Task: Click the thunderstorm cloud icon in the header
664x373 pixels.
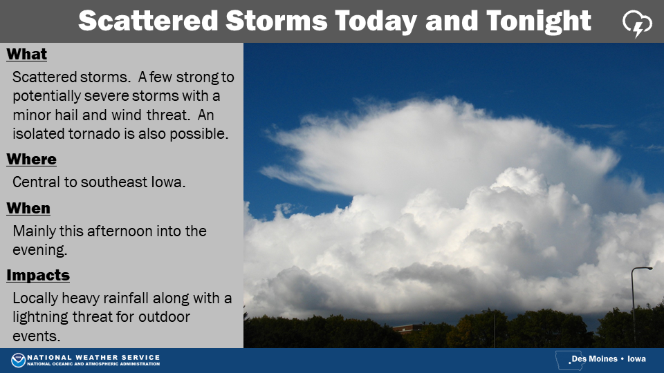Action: (637, 23)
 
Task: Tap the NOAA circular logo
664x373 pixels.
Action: (18, 360)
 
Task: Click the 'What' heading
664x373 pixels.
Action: (27, 54)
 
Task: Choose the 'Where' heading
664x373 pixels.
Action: (31, 159)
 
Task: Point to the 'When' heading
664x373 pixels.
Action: (28, 208)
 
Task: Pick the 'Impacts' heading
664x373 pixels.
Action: (38, 276)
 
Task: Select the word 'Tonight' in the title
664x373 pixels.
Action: (539, 21)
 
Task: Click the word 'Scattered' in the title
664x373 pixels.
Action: (148, 20)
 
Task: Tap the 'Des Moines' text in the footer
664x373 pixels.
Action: (595, 359)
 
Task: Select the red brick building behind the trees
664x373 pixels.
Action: (407, 328)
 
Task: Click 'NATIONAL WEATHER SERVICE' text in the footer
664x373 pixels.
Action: (93, 357)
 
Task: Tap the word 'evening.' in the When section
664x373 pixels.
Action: (40, 250)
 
